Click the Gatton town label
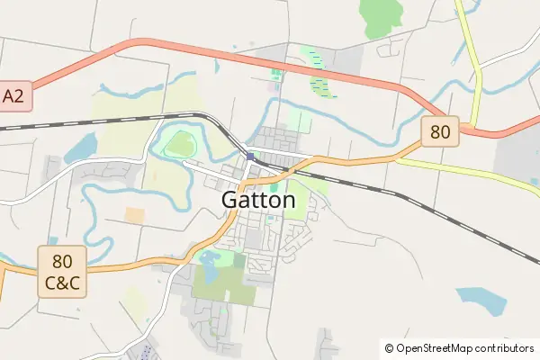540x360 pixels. point(258,200)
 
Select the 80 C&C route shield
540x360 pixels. point(62,273)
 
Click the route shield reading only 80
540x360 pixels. point(439,132)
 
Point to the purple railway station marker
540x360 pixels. point(250,157)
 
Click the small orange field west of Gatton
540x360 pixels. point(134,215)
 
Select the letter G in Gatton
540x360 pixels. point(230,200)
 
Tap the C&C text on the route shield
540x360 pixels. point(62,283)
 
